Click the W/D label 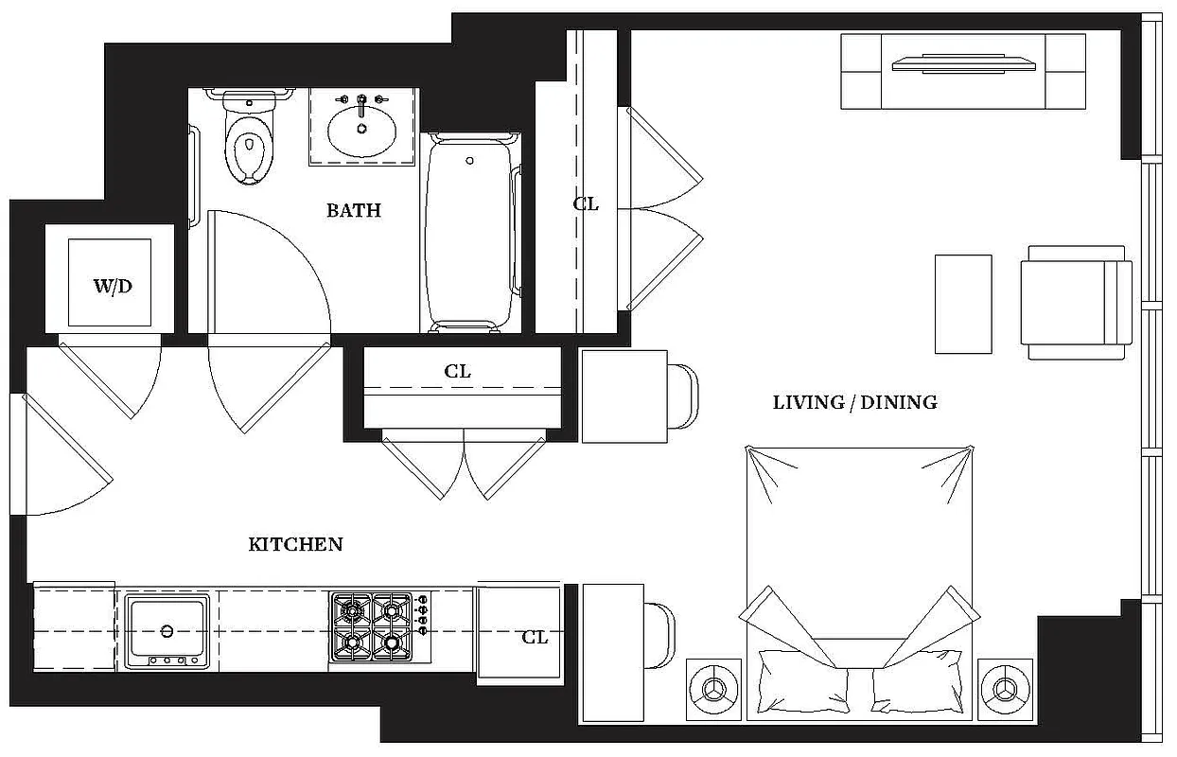point(112,287)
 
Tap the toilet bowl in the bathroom point(250,151)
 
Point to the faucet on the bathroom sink point(361,101)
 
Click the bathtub point(470,233)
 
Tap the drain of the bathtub point(470,162)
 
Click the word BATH point(354,210)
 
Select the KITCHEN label point(295,544)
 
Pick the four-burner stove point(371,626)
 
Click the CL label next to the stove point(535,637)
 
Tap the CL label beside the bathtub point(587,203)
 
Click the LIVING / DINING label point(854,402)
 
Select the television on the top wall point(963,64)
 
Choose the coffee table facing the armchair point(963,304)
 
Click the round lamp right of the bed point(1003,685)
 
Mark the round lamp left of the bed point(712,685)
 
